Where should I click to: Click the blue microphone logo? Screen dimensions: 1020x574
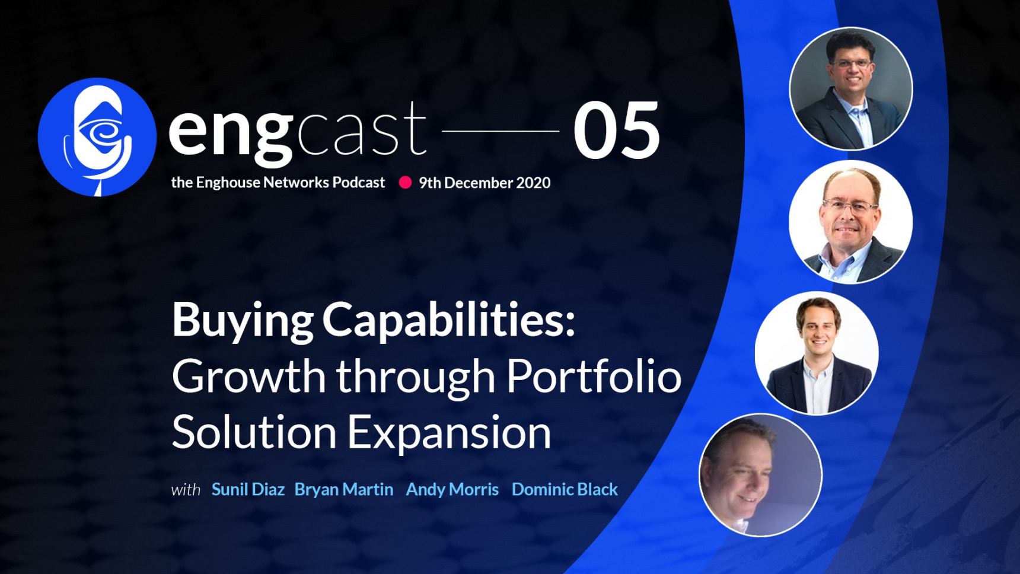[x=97, y=137]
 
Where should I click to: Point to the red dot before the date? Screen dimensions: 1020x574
[x=405, y=183]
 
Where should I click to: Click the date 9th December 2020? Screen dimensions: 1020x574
[x=485, y=183]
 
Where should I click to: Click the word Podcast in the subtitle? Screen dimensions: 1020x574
[x=358, y=182]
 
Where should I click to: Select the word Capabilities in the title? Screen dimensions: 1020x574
[x=448, y=321]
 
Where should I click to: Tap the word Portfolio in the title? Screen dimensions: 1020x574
[x=594, y=376]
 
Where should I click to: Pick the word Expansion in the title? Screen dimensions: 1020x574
[x=449, y=432]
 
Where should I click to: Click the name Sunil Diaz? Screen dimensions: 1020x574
[x=248, y=489]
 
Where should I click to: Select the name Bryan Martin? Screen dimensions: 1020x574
[x=344, y=489]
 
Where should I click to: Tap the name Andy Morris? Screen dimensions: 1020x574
[x=452, y=489]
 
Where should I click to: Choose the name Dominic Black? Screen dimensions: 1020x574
[x=565, y=489]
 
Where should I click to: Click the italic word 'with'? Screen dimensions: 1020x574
[x=186, y=490]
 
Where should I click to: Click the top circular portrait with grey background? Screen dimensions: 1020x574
[x=850, y=88]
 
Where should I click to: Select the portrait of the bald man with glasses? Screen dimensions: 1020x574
[x=850, y=221]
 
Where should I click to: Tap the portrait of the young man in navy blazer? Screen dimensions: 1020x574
[x=817, y=353]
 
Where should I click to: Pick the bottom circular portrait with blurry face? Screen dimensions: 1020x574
[x=760, y=475]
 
